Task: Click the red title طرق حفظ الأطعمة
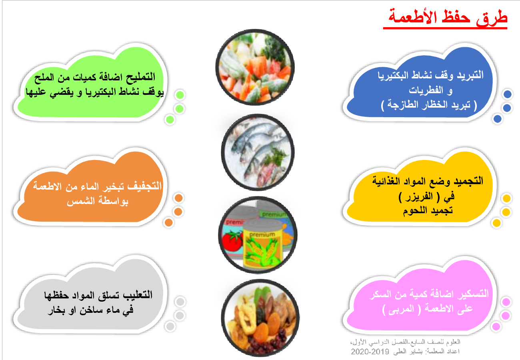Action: [x=448, y=17]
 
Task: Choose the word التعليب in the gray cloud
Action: [x=138, y=295]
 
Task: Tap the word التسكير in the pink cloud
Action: [x=473, y=294]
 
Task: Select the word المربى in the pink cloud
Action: [x=400, y=309]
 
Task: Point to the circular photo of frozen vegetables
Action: [x=255, y=67]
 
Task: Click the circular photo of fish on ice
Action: [x=258, y=152]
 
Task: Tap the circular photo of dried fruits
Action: [x=260, y=318]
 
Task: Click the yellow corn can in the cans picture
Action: [x=262, y=246]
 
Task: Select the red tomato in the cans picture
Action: [x=232, y=241]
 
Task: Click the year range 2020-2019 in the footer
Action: [x=370, y=352]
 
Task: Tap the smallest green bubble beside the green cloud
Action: [x=170, y=120]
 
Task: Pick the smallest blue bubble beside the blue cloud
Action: [x=497, y=119]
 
